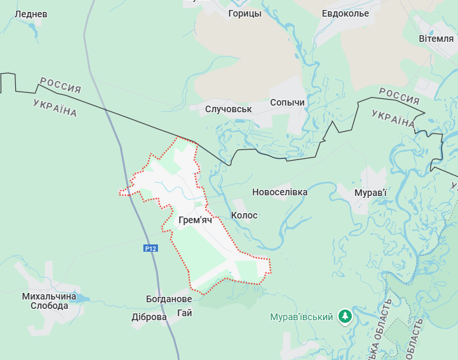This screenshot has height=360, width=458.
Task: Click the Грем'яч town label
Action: coord(195,220)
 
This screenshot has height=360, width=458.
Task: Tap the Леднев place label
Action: coord(31,14)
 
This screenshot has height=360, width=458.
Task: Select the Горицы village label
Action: coord(244,13)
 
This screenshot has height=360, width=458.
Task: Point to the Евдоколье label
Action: coord(345,13)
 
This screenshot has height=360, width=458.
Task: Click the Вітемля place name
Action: coord(436,39)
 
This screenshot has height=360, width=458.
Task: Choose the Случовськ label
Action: coord(229,109)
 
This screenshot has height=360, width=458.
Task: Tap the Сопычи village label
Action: coord(287,103)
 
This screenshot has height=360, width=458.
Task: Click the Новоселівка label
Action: coord(279,192)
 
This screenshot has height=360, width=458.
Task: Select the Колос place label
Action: coord(244,215)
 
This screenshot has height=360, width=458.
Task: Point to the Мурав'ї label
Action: coord(370,193)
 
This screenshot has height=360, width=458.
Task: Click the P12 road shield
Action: coord(151,248)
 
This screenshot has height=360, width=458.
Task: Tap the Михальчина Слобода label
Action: coord(45,301)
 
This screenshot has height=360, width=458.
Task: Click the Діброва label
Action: coord(149,317)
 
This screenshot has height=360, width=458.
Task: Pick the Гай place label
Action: coord(185,313)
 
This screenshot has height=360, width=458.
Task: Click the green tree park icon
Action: coord(345,316)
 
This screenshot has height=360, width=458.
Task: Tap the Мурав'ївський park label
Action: coord(301,317)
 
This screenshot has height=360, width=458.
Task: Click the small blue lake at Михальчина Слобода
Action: coord(80,298)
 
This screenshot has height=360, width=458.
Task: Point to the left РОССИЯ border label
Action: coord(60,84)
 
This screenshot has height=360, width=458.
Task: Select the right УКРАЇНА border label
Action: coord(393,119)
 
